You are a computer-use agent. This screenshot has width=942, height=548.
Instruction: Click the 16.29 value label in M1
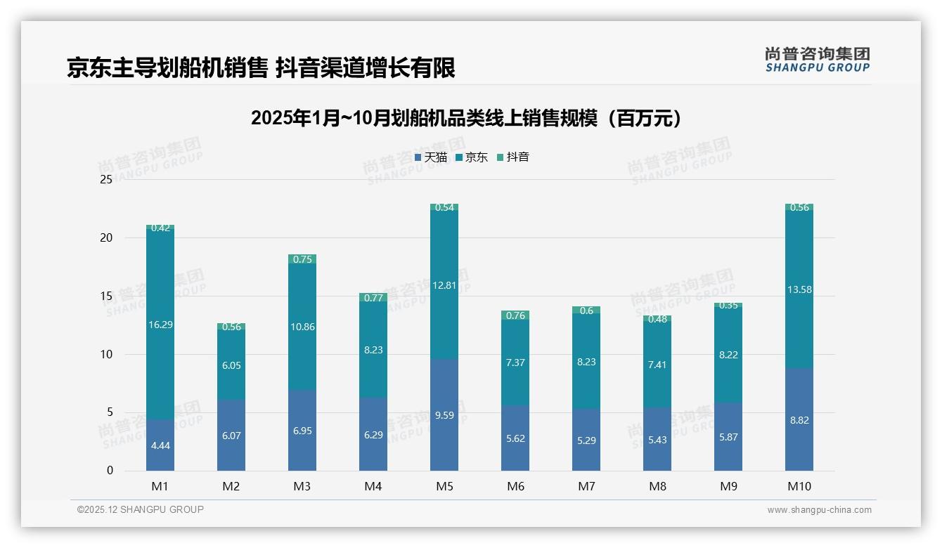pos(160,325)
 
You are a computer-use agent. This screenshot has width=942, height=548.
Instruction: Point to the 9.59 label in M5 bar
pos(444,415)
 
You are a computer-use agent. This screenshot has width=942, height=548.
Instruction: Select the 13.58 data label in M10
pos(799,289)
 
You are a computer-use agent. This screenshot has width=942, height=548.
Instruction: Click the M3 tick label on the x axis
pos(302,486)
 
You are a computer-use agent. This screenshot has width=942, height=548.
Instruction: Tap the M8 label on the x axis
pos(657,486)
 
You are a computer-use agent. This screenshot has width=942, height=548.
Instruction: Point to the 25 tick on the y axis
pos(106,180)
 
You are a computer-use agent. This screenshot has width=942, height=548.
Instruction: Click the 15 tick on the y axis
pos(106,296)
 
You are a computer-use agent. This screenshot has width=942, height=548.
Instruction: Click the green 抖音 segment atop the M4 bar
pos(373,297)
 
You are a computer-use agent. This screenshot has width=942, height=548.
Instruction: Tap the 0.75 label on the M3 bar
pos(302,259)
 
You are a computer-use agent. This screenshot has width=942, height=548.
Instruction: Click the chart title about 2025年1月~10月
pos(466,118)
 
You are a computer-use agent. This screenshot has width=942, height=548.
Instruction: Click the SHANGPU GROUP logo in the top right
pos(817,60)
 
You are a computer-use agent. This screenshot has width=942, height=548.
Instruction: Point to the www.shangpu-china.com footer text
pos(819,510)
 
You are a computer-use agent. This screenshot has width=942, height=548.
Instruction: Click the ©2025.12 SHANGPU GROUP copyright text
pos(141,510)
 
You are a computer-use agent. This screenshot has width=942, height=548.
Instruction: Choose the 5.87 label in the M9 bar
pos(728,437)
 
